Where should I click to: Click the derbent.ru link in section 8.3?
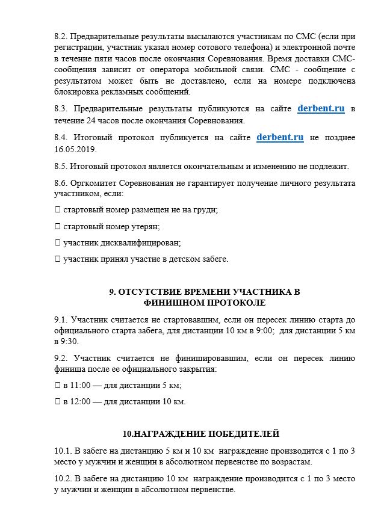pyautogui.click(x=321, y=109)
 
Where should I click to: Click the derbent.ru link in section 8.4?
pyautogui.click(x=280, y=137)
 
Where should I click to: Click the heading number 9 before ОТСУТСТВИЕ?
pyautogui.click(x=112, y=292)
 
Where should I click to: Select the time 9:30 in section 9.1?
pyautogui.click(x=70, y=341)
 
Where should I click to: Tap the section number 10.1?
pyautogui.click(x=64, y=451)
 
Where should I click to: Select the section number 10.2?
pyautogui.click(x=64, y=479)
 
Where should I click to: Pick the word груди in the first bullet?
pyautogui.click(x=206, y=210)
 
